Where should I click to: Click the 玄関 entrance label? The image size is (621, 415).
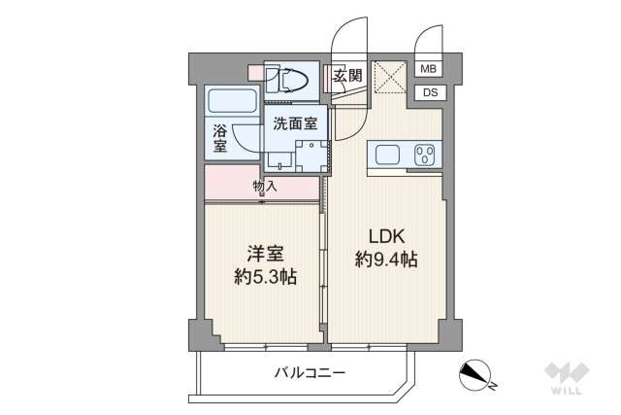click(x=347, y=76)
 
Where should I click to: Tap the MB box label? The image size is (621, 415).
click(x=429, y=69)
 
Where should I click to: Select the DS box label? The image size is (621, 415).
click(x=429, y=93)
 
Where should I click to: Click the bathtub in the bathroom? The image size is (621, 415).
click(x=231, y=102)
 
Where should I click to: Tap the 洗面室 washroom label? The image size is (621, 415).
click(x=294, y=124)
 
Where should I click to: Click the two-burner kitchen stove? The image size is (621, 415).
click(x=424, y=155)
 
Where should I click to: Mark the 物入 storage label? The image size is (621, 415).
click(x=264, y=186)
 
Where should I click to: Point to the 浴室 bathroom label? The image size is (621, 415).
click(x=220, y=137)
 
